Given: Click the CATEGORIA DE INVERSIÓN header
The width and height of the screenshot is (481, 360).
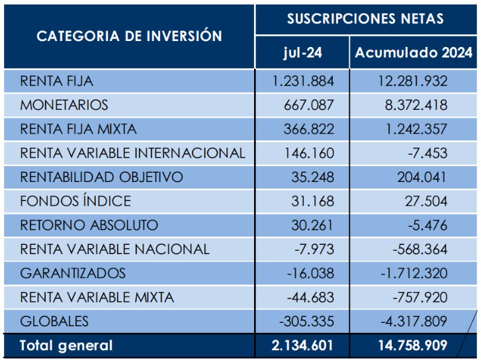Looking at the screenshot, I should tap(129, 36).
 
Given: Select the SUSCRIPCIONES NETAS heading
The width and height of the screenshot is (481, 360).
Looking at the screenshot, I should tap(365, 19).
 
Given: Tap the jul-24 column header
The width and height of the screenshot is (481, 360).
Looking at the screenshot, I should tap(302, 53).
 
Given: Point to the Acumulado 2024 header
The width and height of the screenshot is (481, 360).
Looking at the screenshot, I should tap(414, 53).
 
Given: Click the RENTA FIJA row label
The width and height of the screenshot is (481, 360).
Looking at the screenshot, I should tap(57, 81).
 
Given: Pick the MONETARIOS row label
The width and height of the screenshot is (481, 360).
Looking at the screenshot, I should tap(64, 105).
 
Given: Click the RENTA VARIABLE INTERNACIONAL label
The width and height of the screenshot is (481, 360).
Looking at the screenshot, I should tap(133, 154).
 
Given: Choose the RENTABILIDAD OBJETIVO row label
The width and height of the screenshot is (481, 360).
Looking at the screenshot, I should tap(102, 177).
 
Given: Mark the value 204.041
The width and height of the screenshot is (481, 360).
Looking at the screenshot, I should tap(421, 177).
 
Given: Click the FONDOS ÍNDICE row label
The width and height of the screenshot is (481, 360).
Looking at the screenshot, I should tap(75, 201).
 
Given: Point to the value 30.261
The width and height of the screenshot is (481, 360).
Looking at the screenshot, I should tap(312, 225).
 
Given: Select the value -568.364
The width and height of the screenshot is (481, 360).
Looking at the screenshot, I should tap(419, 249).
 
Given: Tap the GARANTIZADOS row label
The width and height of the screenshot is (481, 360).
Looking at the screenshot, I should tap(73, 273).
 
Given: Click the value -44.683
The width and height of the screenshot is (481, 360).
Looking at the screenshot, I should tap(310, 297).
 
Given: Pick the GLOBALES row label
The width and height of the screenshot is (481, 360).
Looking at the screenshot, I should tap(54, 322).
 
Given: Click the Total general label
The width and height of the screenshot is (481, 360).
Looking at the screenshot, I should tap(66, 345).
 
